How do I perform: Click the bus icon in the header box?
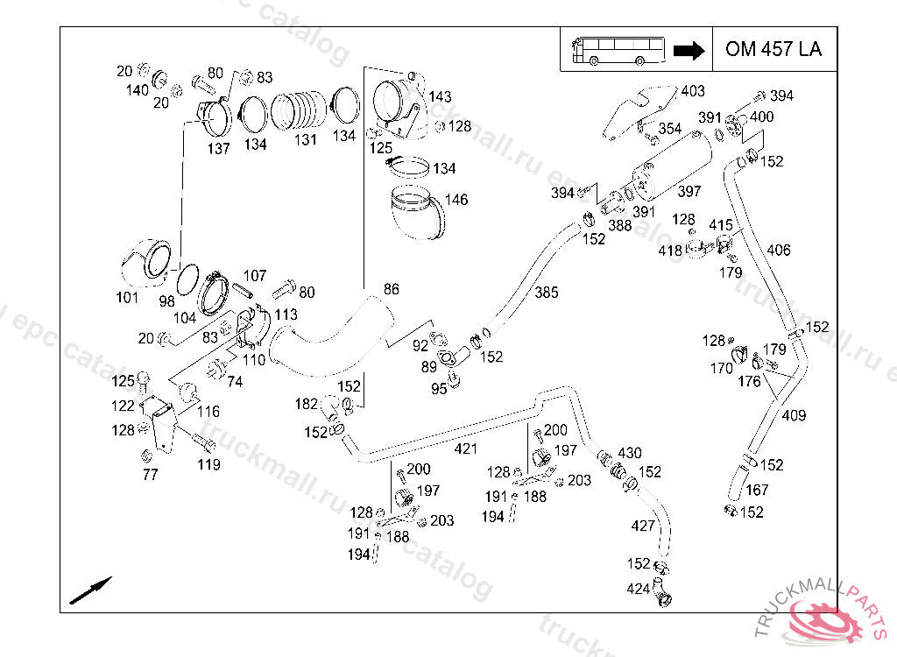click(x=618, y=50)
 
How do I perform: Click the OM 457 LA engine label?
click(x=773, y=49)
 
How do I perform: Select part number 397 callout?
click(x=689, y=192)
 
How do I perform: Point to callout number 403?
click(x=692, y=91)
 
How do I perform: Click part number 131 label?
click(x=305, y=140)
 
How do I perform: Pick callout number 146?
click(x=456, y=200)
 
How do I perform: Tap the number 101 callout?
click(x=127, y=298)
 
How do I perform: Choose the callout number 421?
click(x=465, y=449)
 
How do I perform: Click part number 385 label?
click(x=547, y=292)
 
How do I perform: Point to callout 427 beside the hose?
click(x=643, y=526)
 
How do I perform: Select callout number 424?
click(x=638, y=589)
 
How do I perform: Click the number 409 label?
click(x=794, y=415)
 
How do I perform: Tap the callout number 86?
click(x=391, y=289)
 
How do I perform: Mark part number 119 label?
click(x=208, y=465)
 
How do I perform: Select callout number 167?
click(x=757, y=490)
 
